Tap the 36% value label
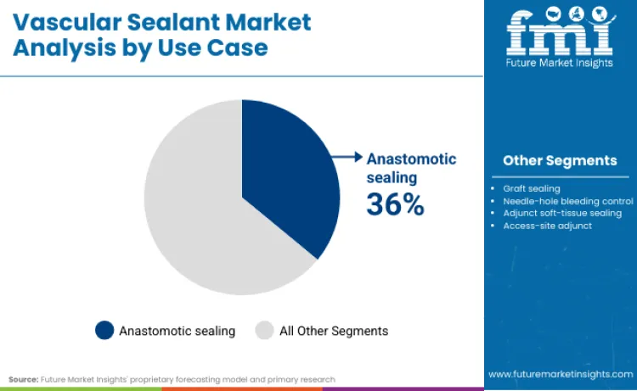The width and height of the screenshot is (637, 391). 395,204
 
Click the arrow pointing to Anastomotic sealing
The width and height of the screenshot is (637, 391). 345,157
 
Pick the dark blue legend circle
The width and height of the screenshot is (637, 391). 104,330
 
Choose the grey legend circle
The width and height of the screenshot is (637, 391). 265,330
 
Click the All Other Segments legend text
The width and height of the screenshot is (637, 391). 334,331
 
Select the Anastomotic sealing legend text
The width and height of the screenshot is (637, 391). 177,331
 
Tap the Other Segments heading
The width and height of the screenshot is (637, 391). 560,160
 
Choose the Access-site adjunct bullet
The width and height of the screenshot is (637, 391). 548,226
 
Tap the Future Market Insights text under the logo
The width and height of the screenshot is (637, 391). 560,61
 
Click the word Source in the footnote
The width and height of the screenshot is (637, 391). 24,379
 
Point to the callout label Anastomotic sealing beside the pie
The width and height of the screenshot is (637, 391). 411,168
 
